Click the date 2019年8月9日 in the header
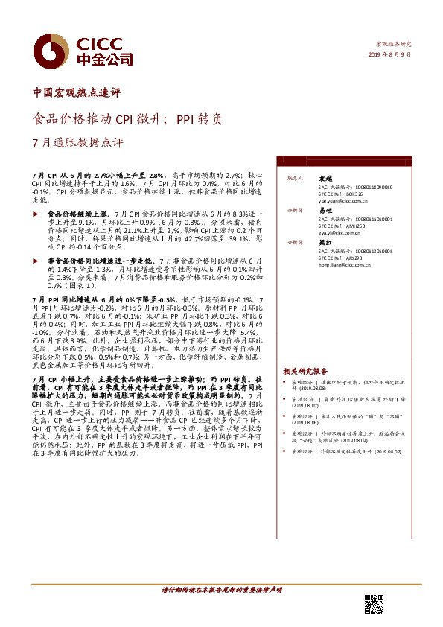tap(389, 55)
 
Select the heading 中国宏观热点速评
tap(77, 93)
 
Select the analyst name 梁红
tap(325, 243)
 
